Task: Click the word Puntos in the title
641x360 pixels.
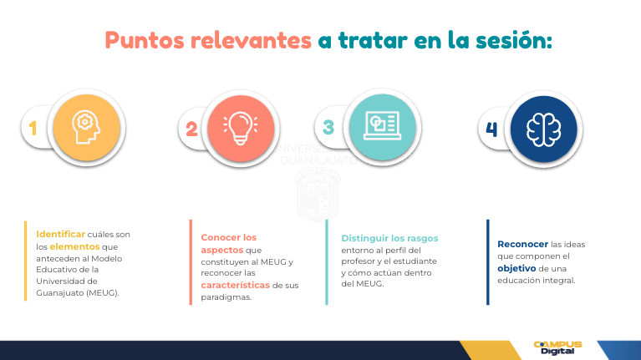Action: click(x=145, y=40)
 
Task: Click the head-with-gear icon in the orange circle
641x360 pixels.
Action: click(x=86, y=127)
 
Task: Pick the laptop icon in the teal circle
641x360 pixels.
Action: click(x=382, y=125)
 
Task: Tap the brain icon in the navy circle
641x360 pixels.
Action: click(x=544, y=129)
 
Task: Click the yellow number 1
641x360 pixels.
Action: click(x=33, y=129)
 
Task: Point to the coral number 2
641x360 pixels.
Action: click(x=191, y=129)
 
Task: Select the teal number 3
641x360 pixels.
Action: click(x=328, y=128)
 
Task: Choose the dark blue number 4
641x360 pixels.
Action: click(x=491, y=129)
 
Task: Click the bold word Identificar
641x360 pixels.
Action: click(x=60, y=234)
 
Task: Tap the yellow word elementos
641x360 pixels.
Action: click(x=75, y=246)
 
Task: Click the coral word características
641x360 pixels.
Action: click(x=236, y=285)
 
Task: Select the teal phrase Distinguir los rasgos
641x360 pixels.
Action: click(x=389, y=238)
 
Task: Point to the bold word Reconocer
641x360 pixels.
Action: click(x=522, y=245)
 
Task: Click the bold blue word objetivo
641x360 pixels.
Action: click(x=516, y=268)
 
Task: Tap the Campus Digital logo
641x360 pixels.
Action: click(x=557, y=347)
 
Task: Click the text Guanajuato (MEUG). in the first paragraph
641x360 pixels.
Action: click(x=78, y=293)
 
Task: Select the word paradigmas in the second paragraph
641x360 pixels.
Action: click(x=226, y=297)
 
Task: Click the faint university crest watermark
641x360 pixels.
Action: click(x=318, y=195)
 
